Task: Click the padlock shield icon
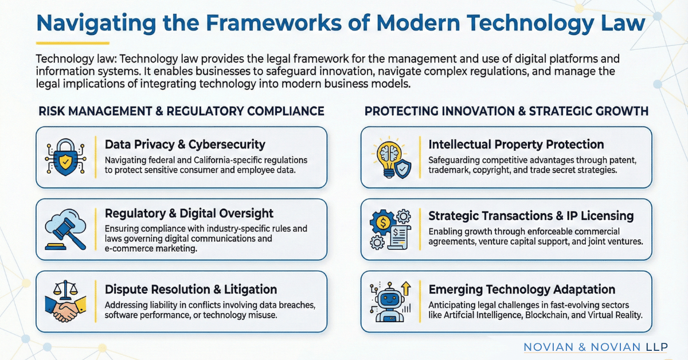pos(65,157)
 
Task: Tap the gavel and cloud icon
pos(65,229)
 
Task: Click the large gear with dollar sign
pos(382,222)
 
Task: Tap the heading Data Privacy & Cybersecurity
pos(185,144)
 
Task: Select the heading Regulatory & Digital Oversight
pos(189,213)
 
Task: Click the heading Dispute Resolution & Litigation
pos(191,289)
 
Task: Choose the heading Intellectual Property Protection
pos(516,144)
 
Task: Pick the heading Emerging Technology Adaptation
pos(522,289)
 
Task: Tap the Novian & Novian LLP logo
pos(596,347)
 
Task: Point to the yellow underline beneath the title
pos(72,44)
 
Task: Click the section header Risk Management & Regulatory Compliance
pos(181,111)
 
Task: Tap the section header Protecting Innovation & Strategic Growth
pos(506,111)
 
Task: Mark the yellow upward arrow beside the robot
pos(406,288)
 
